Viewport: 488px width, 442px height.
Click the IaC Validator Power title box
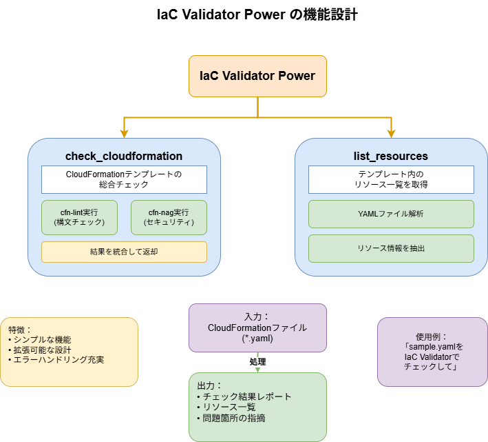(x=257, y=76)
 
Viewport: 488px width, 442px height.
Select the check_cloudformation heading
(x=124, y=156)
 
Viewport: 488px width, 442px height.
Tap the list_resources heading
(x=390, y=156)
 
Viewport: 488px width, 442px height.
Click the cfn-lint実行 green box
(x=79, y=217)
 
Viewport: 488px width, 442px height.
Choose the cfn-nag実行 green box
(x=169, y=217)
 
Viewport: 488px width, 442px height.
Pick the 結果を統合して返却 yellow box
(x=124, y=252)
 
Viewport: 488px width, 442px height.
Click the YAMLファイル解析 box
(x=391, y=214)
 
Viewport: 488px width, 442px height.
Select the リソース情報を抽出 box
(x=391, y=248)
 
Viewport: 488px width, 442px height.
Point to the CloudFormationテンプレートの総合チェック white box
(x=124, y=179)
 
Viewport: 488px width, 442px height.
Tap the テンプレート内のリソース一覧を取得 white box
(x=391, y=179)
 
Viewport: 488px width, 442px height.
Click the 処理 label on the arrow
(x=258, y=362)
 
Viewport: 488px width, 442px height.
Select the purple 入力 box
(x=257, y=328)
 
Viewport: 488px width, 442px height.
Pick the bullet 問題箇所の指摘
(x=234, y=418)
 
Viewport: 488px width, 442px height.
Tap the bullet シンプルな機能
(x=41, y=340)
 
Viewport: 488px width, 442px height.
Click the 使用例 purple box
(x=432, y=352)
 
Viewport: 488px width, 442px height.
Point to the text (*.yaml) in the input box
(x=257, y=339)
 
